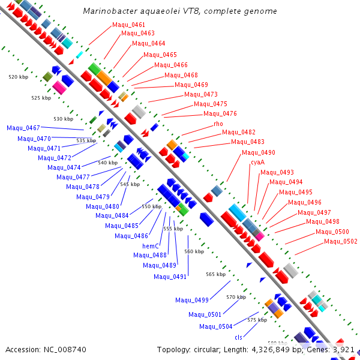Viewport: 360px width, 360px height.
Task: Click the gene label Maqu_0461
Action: click(x=128, y=25)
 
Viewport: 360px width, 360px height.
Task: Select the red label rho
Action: click(x=218, y=124)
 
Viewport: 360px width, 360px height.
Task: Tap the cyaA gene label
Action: click(x=257, y=163)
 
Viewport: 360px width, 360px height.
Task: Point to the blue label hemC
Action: click(x=151, y=246)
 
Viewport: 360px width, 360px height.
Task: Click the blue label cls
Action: click(x=238, y=337)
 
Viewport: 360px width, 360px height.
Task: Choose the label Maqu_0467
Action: click(x=23, y=128)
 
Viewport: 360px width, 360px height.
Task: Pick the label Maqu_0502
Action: click(x=341, y=241)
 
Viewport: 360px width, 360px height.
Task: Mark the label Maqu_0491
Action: click(x=170, y=277)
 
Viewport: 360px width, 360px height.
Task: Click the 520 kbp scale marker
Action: click(x=19, y=77)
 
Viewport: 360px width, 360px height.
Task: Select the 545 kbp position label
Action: click(x=130, y=184)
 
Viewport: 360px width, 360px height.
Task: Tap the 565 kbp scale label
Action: click(x=216, y=274)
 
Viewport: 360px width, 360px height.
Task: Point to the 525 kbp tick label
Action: click(x=41, y=98)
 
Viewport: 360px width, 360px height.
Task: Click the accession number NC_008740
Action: click(x=65, y=350)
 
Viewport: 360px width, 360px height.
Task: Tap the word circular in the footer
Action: click(x=207, y=350)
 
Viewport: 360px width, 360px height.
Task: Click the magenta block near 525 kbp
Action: click(x=59, y=88)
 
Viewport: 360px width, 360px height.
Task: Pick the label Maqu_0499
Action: click(x=192, y=300)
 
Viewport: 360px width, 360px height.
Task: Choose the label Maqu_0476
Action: click(x=220, y=113)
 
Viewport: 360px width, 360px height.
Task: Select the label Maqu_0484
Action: click(x=112, y=215)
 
